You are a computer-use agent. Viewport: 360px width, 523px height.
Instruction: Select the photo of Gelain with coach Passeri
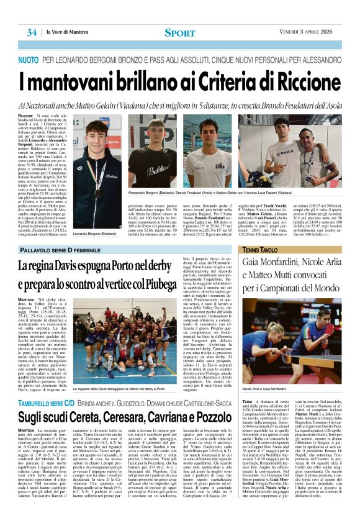pyautogui.click(x=305, y=149)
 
